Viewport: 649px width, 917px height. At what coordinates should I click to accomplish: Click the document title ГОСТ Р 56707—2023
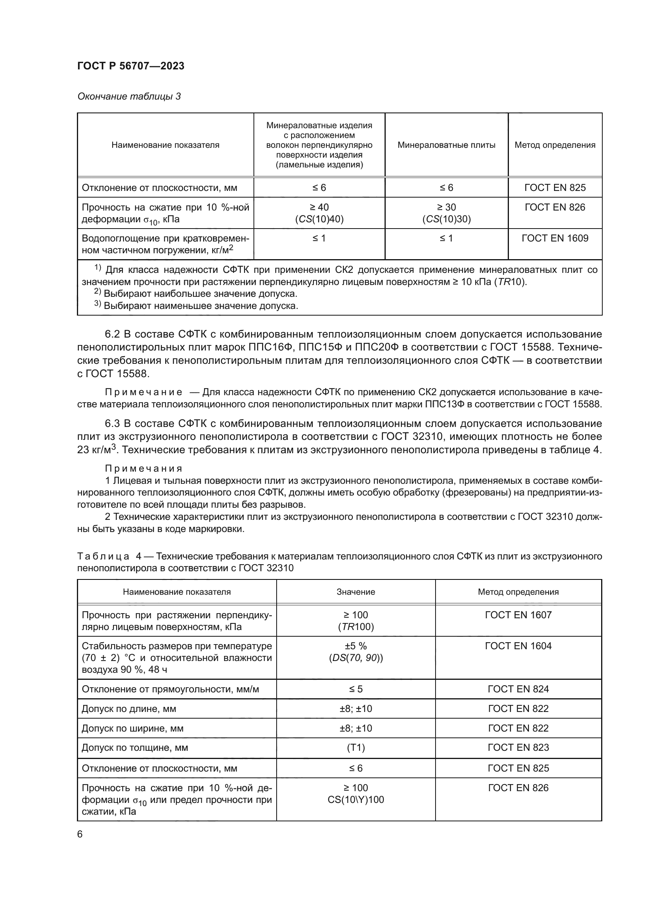(131, 66)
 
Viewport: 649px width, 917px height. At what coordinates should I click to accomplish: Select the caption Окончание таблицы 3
(129, 97)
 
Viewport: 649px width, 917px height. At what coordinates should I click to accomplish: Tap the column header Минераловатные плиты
(446, 145)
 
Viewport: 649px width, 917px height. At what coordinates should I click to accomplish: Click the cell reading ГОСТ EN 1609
(555, 238)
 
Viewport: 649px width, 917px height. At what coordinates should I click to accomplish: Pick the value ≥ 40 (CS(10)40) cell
(319, 213)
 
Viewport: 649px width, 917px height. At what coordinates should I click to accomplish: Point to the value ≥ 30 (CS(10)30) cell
(446, 213)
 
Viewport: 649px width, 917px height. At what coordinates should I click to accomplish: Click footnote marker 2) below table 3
(98, 292)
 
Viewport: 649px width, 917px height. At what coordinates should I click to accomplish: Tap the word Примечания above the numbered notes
(144, 468)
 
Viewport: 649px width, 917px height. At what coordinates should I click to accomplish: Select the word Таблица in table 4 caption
(103, 556)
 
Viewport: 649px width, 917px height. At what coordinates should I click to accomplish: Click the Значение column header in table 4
(355, 592)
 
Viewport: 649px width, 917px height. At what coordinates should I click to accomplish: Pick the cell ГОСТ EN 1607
(518, 615)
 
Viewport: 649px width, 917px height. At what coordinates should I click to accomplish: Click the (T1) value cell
(355, 748)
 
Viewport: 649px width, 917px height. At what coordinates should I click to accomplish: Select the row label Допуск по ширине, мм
(132, 728)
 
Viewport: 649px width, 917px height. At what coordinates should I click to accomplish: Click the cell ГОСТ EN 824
(518, 689)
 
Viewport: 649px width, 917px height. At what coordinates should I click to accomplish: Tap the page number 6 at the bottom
(80, 834)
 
